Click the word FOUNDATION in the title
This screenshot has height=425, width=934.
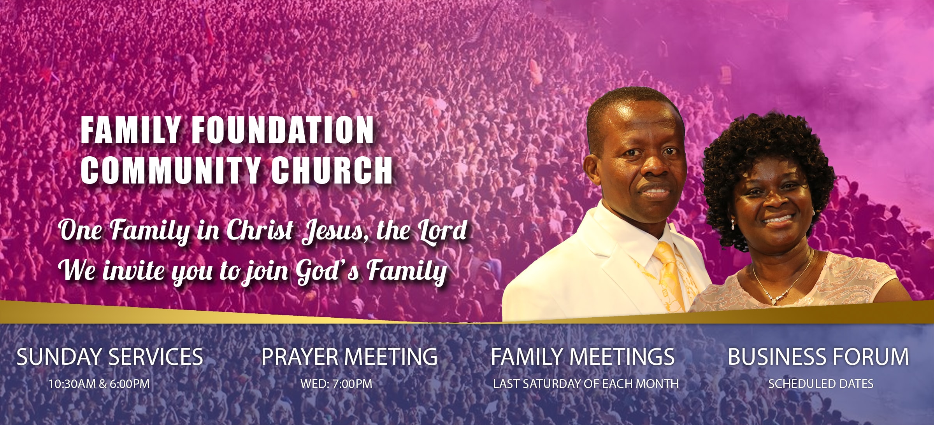coord(283,130)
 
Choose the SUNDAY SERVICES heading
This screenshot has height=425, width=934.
coord(110,357)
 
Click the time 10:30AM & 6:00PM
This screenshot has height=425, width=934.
coord(99,384)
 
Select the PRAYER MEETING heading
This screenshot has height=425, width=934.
coord(349,357)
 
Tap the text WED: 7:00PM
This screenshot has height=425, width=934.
coord(336,384)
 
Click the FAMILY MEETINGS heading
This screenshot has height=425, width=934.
coord(583,357)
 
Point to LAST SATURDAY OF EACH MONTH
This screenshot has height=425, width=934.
coord(586,384)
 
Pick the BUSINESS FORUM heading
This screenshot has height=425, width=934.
coord(818,357)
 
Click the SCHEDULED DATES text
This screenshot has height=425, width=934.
coord(821,384)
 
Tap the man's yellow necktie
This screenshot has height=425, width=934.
coord(670,276)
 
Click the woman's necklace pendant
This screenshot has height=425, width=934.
coord(774,300)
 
